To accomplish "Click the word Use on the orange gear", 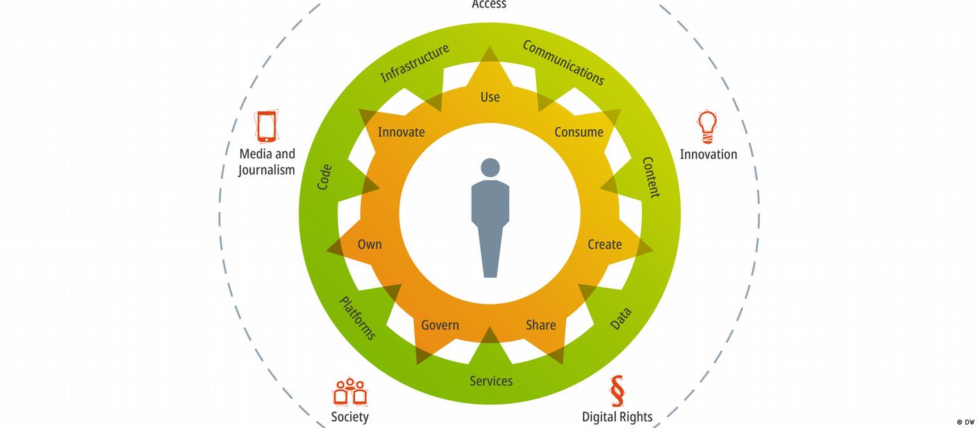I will click(x=490, y=97).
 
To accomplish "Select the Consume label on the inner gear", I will click(x=579, y=132).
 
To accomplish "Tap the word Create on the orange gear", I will click(x=604, y=245).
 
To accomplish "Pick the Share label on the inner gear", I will click(x=540, y=325).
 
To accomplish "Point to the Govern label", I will click(x=440, y=325).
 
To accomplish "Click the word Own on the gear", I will click(x=370, y=245).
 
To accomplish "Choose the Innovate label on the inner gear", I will click(x=401, y=132).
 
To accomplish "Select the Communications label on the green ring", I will click(x=563, y=63).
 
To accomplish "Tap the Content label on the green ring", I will click(x=651, y=177).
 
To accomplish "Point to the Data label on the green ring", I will click(x=620, y=319).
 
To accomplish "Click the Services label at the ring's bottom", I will click(x=491, y=381).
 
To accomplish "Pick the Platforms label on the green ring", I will click(x=357, y=318).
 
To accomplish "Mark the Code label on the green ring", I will click(x=324, y=177).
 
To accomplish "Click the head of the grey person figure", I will click(x=490, y=167).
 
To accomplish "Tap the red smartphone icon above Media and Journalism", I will click(x=267, y=126).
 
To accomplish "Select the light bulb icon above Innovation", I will click(x=707, y=126).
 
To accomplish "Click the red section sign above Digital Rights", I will click(x=616, y=391).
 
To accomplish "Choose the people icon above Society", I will click(x=349, y=392).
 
